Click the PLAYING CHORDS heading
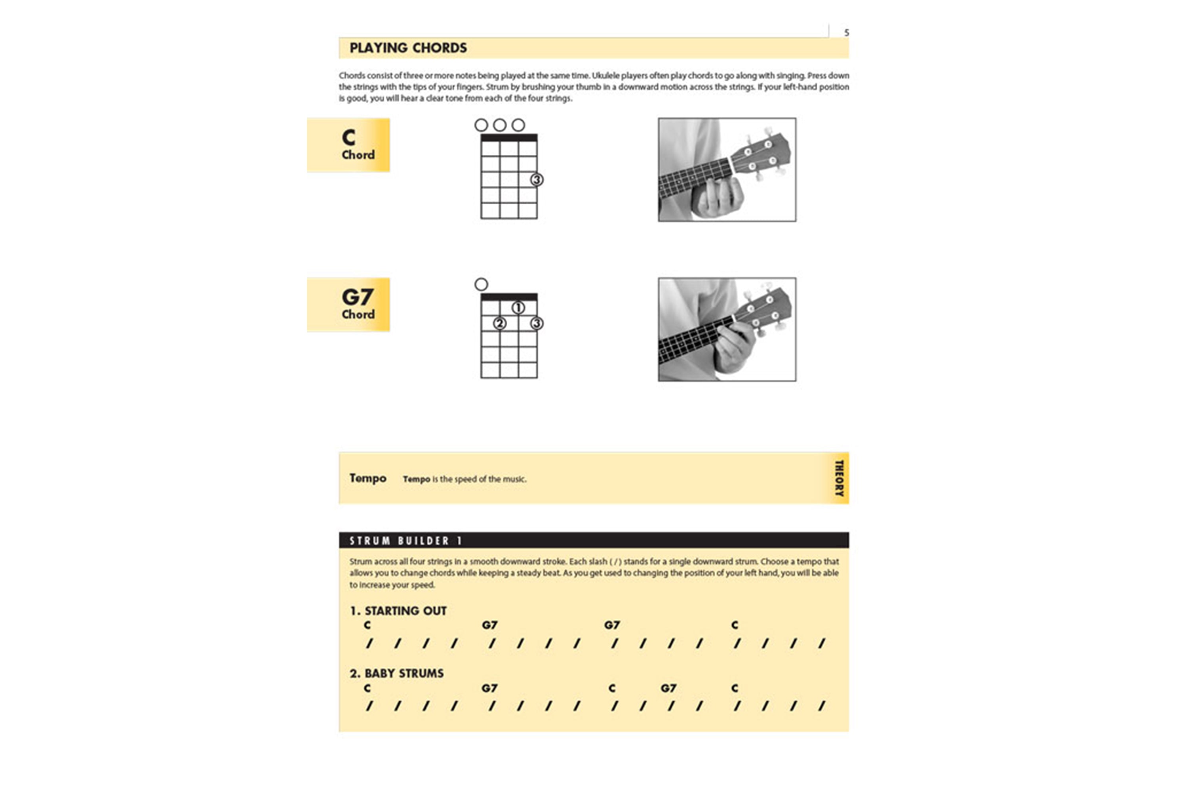point(408,48)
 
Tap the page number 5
point(846,32)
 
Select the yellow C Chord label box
point(348,145)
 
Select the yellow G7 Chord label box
point(348,304)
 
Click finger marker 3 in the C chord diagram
point(537,179)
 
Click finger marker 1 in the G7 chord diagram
point(518,308)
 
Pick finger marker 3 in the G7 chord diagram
point(537,323)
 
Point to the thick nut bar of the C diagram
point(508,137)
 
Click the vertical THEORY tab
point(839,478)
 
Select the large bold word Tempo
point(368,478)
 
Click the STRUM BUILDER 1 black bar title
point(406,541)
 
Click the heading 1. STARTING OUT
point(398,611)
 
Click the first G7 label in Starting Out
point(489,625)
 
